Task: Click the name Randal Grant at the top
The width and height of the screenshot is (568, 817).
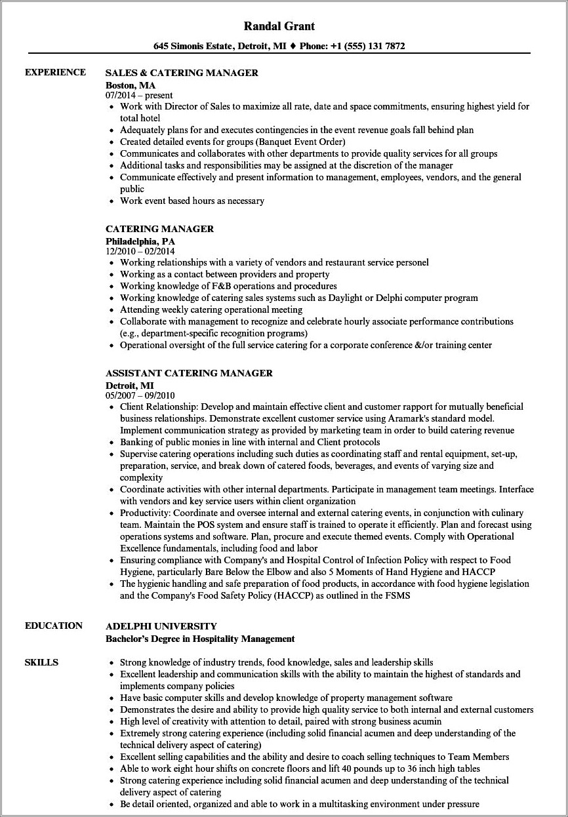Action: [x=279, y=26]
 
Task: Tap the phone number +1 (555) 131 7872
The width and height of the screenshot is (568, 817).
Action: [x=369, y=47]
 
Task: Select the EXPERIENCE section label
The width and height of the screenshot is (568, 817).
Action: [x=55, y=72]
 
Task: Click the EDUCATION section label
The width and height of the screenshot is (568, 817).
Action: [x=54, y=626]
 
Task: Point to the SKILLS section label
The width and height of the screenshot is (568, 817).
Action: [x=41, y=662]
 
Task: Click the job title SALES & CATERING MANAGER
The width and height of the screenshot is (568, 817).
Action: [x=182, y=73]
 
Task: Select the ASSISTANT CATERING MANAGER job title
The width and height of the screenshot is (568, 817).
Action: [x=189, y=373]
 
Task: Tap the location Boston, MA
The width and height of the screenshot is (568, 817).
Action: [x=131, y=85]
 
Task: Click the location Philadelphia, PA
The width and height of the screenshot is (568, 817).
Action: [x=140, y=241]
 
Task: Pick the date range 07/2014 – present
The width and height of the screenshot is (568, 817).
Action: [x=139, y=95]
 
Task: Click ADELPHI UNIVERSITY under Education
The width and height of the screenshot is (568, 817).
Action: [x=161, y=626]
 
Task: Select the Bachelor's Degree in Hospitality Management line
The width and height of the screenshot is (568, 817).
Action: [x=200, y=639]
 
